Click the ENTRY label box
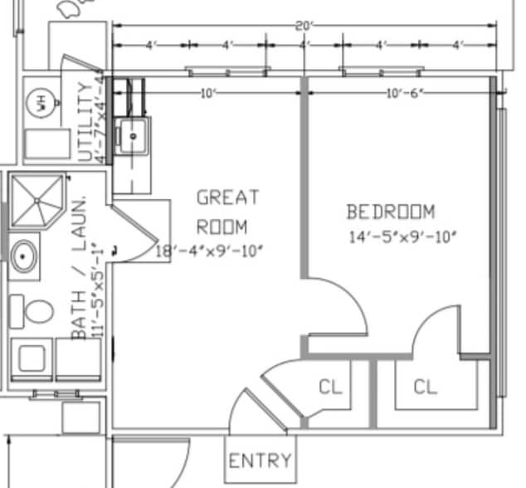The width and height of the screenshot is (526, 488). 260,460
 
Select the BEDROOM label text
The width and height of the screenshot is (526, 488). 390,212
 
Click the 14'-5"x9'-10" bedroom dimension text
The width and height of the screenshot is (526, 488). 403,237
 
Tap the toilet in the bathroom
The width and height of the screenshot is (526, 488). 36,313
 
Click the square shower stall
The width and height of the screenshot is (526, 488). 38,199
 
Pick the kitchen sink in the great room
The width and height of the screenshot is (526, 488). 133,135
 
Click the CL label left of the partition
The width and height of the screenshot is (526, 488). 330,387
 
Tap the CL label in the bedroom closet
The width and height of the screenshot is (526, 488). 425,387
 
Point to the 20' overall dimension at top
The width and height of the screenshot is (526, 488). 304,26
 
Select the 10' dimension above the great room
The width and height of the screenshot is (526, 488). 207,92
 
